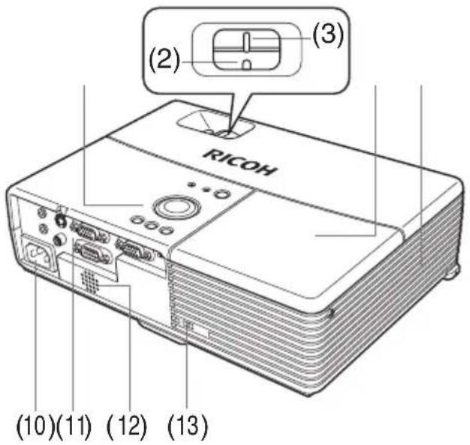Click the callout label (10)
pyautogui.click(x=35, y=425)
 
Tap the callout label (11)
pyautogui.click(x=74, y=425)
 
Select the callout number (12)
pyautogui.click(x=127, y=425)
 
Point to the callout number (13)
pyautogui.click(x=188, y=425)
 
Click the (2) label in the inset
pyautogui.click(x=164, y=61)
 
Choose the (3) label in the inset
pyautogui.click(x=328, y=34)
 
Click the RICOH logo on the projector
pyautogui.click(x=240, y=162)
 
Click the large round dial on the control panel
pyautogui.click(x=176, y=206)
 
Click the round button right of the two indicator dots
pyautogui.click(x=221, y=194)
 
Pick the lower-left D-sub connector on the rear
pyautogui.click(x=94, y=252)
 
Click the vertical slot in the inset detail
pyautogui.click(x=246, y=41)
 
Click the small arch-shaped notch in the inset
pyautogui.click(x=246, y=65)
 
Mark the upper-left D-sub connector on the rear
pyautogui.click(x=89, y=230)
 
